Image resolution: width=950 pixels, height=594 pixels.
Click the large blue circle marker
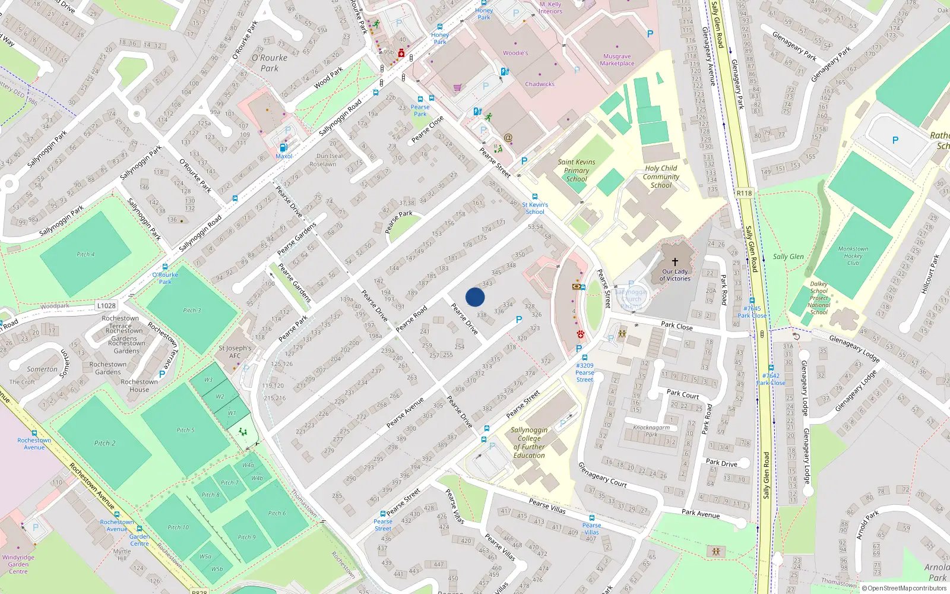tap(475, 297)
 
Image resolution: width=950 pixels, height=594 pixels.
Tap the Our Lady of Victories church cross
tap(674, 261)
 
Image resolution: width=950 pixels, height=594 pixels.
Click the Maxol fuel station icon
tap(284, 147)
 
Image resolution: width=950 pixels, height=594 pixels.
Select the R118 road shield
tap(744, 193)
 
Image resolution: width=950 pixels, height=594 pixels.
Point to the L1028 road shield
tap(106, 306)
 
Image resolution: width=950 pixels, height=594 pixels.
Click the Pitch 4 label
tap(85, 254)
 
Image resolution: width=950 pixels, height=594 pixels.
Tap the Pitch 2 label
tap(104, 443)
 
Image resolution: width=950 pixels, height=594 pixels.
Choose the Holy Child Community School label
tap(660, 177)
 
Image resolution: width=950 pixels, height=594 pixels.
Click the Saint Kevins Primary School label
tap(576, 170)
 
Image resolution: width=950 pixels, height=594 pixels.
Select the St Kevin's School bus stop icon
tap(535, 197)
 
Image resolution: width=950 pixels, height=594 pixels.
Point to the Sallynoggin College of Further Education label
tap(528, 443)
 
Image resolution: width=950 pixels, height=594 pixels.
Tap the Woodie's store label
tap(515, 53)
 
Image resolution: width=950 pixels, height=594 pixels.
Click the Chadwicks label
tap(539, 84)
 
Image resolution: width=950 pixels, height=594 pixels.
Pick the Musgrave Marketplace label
tap(617, 60)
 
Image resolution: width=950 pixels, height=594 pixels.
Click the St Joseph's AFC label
tap(235, 352)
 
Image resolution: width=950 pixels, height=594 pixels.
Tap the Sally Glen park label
tap(788, 257)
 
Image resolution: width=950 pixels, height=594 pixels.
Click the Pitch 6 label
tap(276, 513)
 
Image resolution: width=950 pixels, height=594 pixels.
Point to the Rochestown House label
tap(139, 386)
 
